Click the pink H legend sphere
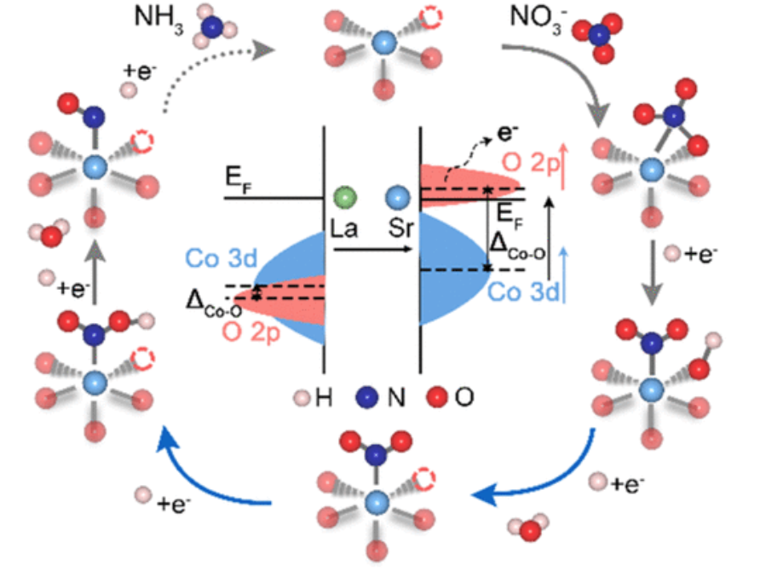click(x=299, y=397)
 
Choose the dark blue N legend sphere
click(x=368, y=396)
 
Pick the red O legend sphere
click(x=440, y=396)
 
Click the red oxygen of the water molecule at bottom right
click(x=529, y=530)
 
